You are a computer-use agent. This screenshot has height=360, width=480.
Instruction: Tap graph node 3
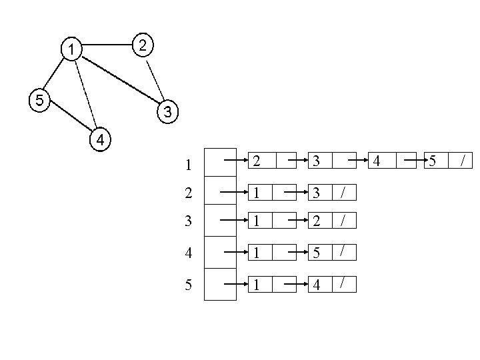click(x=167, y=112)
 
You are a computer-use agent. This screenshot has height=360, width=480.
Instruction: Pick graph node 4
click(x=99, y=139)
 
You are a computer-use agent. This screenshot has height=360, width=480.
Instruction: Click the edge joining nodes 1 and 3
click(x=119, y=81)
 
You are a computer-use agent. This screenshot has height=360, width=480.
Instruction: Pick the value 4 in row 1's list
click(x=377, y=161)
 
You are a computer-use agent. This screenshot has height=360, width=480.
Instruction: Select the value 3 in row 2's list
click(x=319, y=193)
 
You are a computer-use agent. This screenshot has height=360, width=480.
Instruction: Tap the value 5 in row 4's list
click(x=319, y=254)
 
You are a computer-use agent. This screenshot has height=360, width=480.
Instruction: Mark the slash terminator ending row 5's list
click(x=343, y=284)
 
